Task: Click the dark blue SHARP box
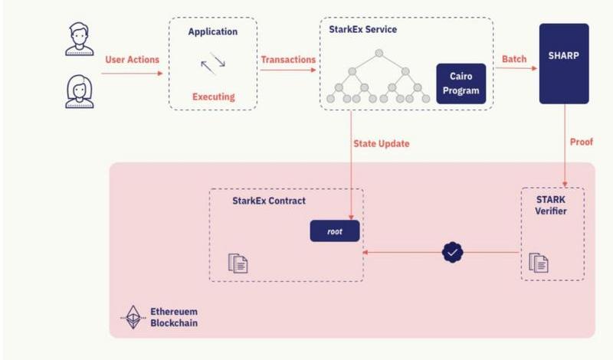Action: tap(564, 64)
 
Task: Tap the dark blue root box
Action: tap(335, 231)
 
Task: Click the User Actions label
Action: tap(132, 59)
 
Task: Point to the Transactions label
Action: tap(288, 59)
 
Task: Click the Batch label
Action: tap(514, 59)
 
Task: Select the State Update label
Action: tap(381, 143)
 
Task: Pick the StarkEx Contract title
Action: tap(269, 201)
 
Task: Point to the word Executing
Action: tap(213, 97)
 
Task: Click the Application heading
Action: tap(213, 32)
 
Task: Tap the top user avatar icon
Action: tap(79, 40)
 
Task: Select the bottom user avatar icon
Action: tap(79, 92)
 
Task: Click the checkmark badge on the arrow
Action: tap(454, 251)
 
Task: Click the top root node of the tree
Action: tap(379, 54)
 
